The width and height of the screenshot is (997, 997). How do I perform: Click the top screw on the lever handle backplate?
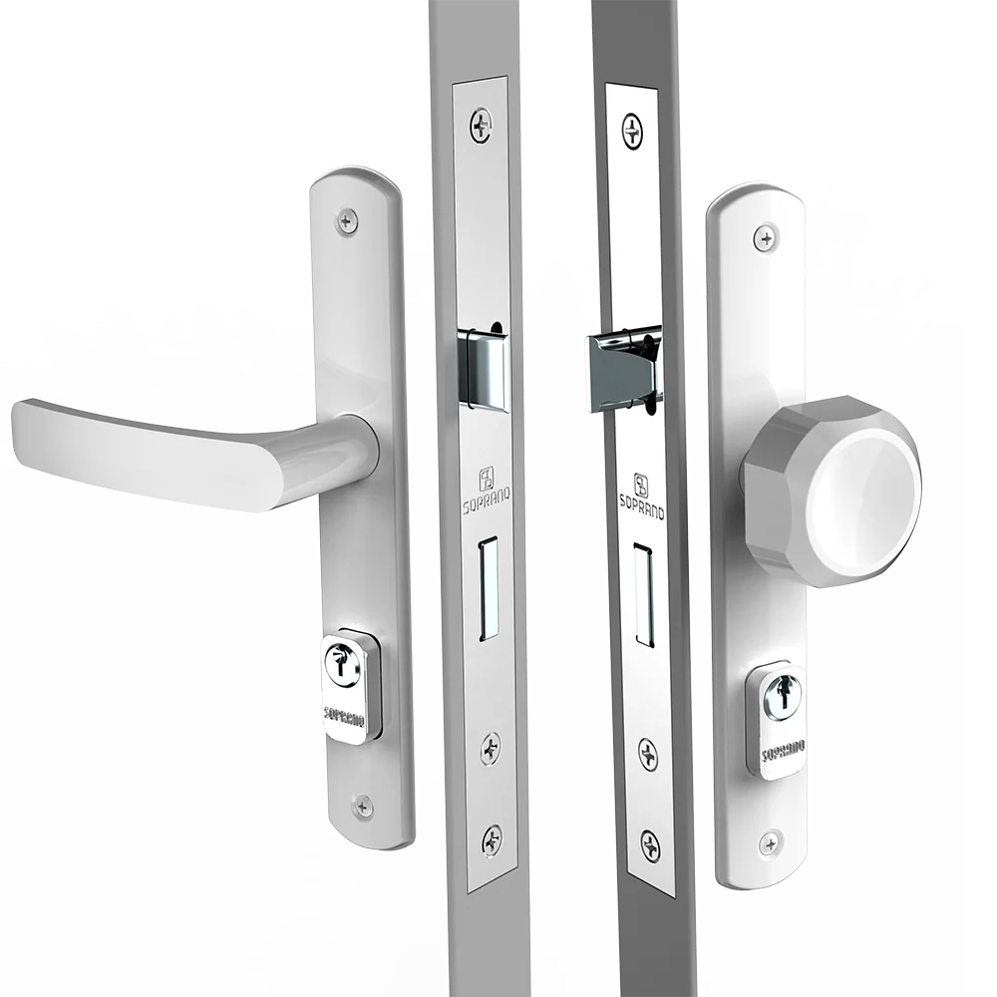point(346,221)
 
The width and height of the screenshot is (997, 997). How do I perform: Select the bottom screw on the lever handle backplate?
point(363,807)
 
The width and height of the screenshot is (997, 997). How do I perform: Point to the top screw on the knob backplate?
point(766,239)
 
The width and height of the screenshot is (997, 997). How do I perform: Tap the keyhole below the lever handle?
point(342,664)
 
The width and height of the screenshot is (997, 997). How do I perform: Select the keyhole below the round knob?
point(783,693)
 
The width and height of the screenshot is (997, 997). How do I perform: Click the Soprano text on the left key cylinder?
point(344,716)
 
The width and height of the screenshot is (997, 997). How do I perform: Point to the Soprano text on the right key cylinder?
point(784,750)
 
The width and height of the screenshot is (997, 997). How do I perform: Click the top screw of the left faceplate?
point(482,125)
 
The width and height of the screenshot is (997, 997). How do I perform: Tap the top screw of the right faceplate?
point(632,132)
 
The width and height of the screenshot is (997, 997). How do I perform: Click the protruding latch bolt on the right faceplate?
point(623,371)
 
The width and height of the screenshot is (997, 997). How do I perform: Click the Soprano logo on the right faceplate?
point(642,496)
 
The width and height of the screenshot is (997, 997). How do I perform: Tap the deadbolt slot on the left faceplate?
point(489,588)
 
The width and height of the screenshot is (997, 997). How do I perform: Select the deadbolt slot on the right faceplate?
point(644,595)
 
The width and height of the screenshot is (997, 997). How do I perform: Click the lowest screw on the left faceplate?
point(492,839)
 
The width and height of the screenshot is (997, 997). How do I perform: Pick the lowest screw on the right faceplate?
point(650,845)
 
